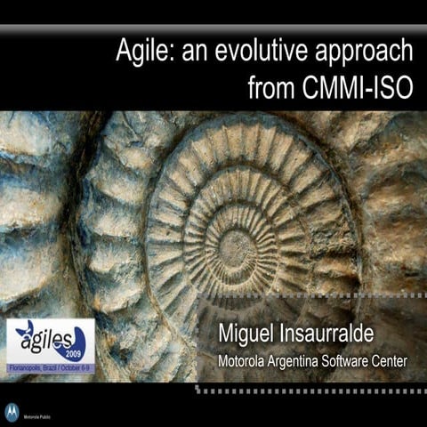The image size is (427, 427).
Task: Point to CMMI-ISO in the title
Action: click(364, 88)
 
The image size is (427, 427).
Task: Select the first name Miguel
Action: click(251, 338)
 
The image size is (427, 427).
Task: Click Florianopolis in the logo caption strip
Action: click(28, 366)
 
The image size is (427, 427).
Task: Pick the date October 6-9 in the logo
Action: click(78, 366)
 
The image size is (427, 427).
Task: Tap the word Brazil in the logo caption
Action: click(52, 366)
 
